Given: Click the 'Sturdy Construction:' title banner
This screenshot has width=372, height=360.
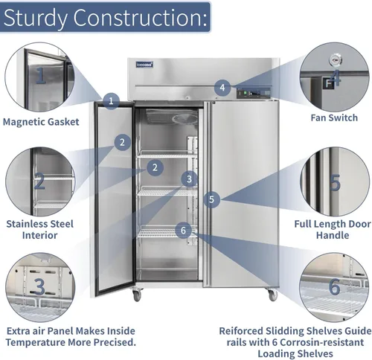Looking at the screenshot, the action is pos(105,17).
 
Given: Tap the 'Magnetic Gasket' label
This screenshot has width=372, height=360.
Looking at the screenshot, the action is pos(41,122).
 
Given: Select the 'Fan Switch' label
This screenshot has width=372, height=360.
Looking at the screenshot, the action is pos(334,118).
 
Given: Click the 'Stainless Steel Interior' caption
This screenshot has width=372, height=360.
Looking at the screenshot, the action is pos(39,229).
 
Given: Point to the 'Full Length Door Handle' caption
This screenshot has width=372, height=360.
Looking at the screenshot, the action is pos(333,229).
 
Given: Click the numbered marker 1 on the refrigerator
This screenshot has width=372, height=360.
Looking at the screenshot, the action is pos(111,101).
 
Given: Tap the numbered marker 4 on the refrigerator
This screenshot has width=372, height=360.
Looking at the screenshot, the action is pos(222,88).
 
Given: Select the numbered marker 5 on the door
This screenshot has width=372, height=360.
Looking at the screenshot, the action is pos(211,199).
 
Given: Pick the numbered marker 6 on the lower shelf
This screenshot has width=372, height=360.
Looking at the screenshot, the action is pos(183,231).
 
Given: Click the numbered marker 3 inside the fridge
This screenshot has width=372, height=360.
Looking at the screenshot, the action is pos(189,179).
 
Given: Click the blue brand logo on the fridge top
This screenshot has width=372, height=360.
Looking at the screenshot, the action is pos(144,65).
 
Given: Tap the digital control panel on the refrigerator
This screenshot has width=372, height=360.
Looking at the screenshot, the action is pos(254,94).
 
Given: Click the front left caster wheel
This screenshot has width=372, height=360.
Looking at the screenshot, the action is pos(136,295).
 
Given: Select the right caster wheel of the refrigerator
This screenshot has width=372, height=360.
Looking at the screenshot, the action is pos(272,295).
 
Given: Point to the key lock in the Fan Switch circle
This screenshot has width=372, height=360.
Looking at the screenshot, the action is pos(336,60).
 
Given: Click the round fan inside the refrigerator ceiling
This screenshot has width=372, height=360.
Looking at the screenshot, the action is pos(185,119).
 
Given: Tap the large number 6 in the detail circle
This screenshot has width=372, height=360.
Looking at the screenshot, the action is pos(334,286).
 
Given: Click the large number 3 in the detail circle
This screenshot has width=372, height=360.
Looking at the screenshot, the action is pos(39,286).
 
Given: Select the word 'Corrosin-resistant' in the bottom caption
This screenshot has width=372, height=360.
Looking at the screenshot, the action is pos(322,342).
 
